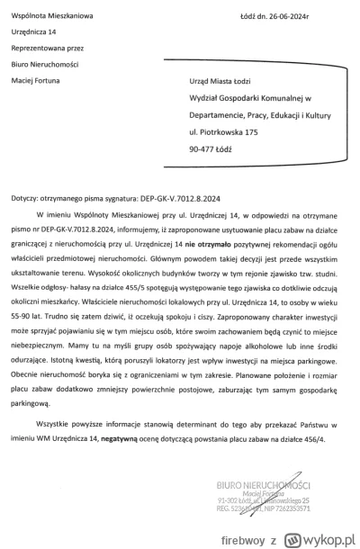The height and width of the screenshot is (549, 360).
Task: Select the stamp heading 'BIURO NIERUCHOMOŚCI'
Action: pyautogui.click(x=278, y=490)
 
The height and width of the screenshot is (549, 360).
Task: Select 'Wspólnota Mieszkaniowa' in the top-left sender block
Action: pyautogui.click(x=49, y=9)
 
